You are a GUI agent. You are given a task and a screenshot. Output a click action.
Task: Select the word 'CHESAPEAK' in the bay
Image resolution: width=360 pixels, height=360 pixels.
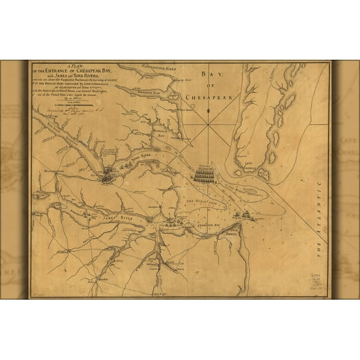coord(205,98)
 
